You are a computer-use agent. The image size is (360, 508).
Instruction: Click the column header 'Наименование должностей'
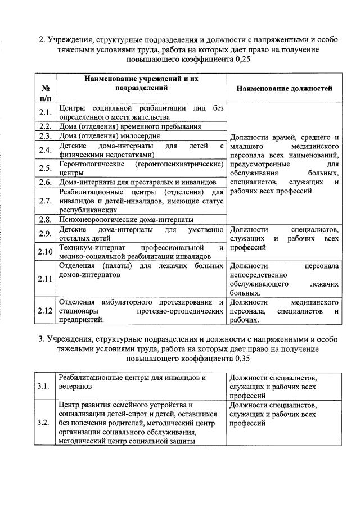tap(284, 88)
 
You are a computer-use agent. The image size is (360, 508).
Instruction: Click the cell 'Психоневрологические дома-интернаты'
tap(127, 219)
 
